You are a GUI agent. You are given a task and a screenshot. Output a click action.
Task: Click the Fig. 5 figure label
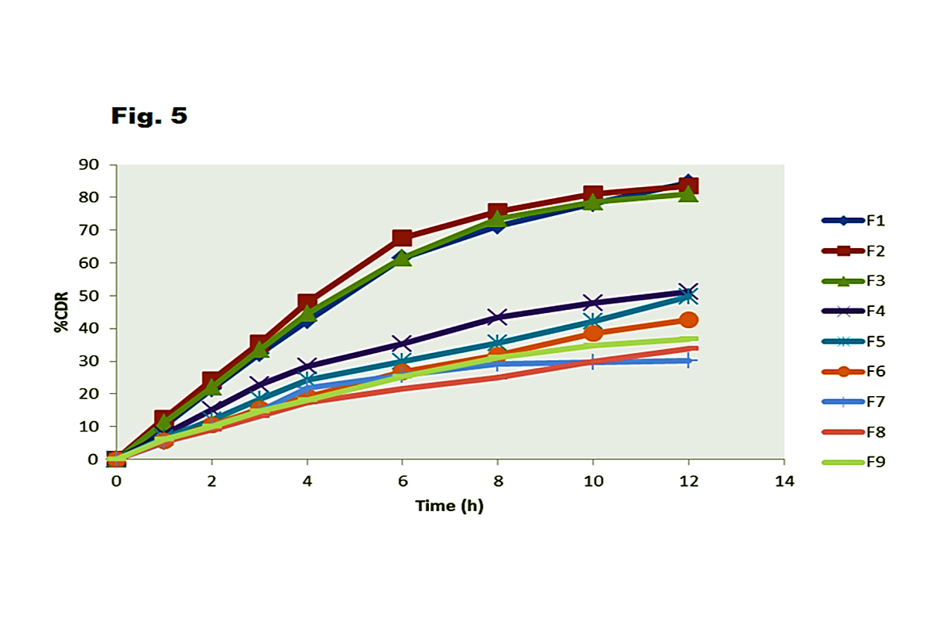pyautogui.click(x=149, y=116)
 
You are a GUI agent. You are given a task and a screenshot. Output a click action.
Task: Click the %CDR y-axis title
pyautogui.click(x=61, y=312)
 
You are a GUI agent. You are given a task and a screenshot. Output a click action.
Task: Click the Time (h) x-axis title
pyautogui.click(x=449, y=506)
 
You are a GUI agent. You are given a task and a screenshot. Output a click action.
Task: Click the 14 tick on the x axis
pyautogui.click(x=783, y=481)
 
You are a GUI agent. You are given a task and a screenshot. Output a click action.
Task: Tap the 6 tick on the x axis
pyautogui.click(x=402, y=481)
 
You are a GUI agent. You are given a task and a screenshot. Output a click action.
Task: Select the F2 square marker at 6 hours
pyautogui.click(x=402, y=238)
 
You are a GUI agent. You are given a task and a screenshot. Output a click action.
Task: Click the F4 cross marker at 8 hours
pyautogui.click(x=498, y=317)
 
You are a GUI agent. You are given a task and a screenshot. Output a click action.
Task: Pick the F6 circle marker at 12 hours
pyautogui.click(x=689, y=319)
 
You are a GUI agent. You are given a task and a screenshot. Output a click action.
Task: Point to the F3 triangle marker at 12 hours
pyautogui.click(x=689, y=193)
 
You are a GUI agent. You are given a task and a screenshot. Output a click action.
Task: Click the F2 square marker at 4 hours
pyautogui.click(x=307, y=303)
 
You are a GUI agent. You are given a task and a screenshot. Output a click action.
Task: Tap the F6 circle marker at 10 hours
pyautogui.click(x=593, y=333)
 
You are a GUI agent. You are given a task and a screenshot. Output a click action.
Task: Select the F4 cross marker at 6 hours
pyautogui.click(x=402, y=343)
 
